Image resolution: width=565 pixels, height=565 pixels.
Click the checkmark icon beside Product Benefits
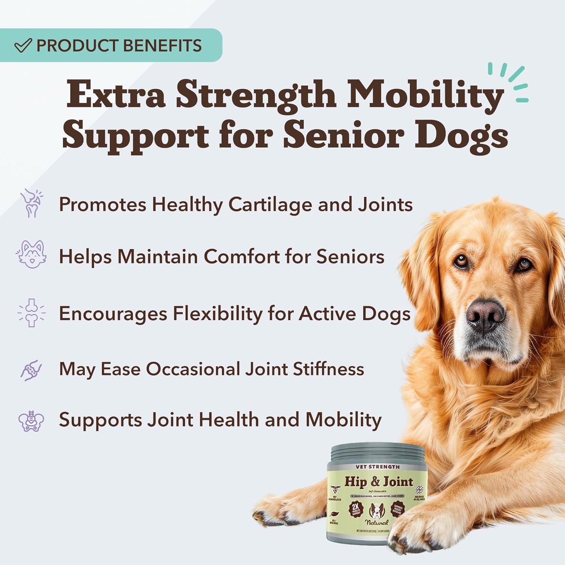(23, 45)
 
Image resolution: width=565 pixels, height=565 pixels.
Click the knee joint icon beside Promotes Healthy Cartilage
(31, 203)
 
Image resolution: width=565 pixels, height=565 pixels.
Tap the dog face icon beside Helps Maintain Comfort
(31, 255)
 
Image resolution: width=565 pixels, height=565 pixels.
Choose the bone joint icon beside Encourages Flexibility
(31, 313)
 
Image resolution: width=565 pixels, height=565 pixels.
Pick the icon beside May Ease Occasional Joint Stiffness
(31, 370)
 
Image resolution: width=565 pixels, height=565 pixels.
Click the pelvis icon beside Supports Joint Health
(31, 421)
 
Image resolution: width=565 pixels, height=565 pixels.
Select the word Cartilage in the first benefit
(270, 204)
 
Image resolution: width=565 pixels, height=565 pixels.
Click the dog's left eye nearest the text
(461, 261)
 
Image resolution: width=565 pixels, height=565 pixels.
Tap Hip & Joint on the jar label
(378, 481)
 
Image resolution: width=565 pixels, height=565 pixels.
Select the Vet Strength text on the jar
(378, 467)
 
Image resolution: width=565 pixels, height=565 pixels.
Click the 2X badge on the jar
(356, 508)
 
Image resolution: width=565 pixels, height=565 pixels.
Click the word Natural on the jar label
(377, 522)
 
